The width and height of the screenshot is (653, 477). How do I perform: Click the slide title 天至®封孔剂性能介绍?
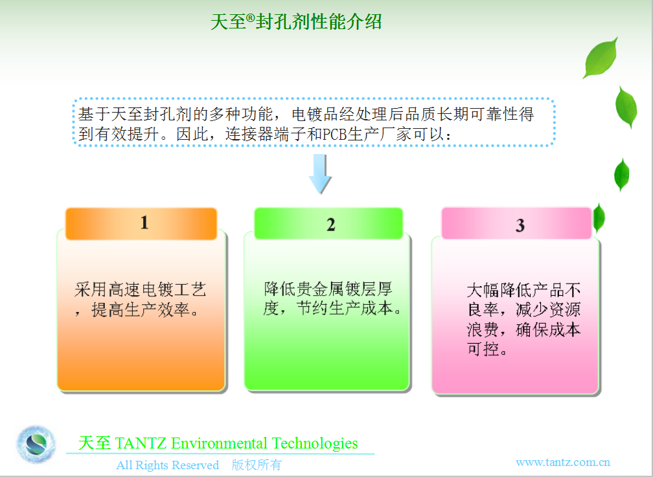[x=296, y=21]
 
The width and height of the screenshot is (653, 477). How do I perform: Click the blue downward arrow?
[x=320, y=174]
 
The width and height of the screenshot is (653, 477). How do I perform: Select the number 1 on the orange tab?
[x=144, y=223]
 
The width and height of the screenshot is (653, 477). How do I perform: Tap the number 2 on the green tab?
[x=330, y=225]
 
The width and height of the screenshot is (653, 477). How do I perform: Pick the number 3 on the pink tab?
[x=520, y=226]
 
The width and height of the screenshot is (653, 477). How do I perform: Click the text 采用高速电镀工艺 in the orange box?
[x=141, y=290]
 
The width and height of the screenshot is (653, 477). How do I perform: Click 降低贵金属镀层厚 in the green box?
[x=328, y=289]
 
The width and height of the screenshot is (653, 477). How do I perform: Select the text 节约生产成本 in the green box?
[x=345, y=309]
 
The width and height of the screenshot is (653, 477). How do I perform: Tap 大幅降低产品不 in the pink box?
[x=523, y=290]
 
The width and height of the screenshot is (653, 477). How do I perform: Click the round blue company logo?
[x=36, y=444]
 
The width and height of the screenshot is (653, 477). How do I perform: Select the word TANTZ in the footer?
[x=141, y=443]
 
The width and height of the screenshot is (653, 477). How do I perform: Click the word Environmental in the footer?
[x=219, y=444]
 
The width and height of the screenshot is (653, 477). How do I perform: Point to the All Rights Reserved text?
[x=167, y=465]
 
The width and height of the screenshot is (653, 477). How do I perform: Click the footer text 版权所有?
[x=257, y=465]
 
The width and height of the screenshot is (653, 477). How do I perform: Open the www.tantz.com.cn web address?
[x=563, y=462]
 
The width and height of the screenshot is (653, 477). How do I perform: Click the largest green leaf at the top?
[x=601, y=58]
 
